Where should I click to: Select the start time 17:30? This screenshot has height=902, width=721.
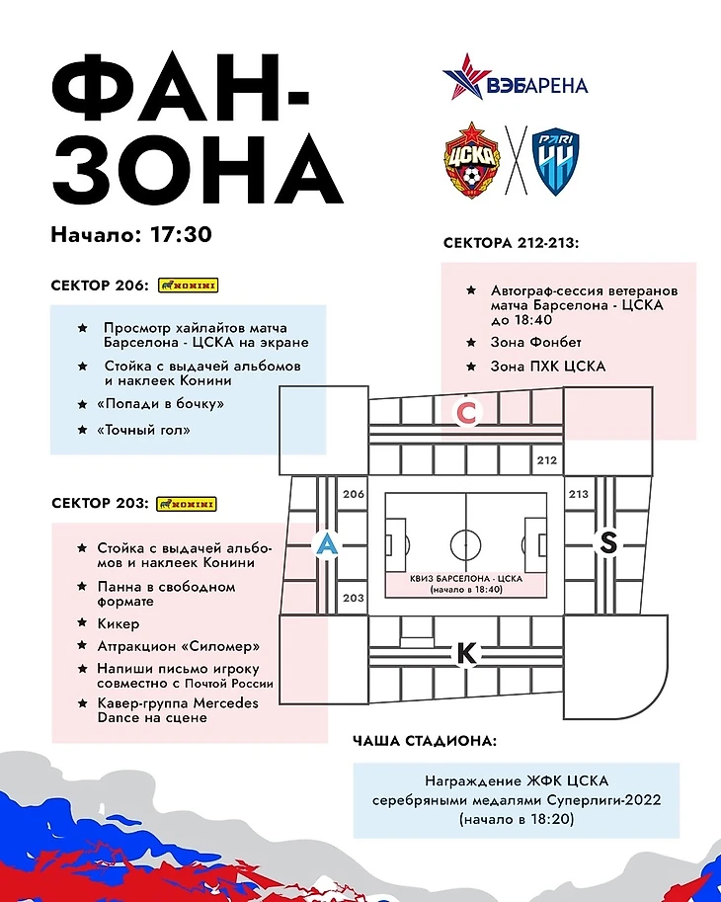tap(182, 235)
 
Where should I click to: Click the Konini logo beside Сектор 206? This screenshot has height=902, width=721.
tap(188, 286)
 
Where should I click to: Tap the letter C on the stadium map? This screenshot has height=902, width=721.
tap(466, 414)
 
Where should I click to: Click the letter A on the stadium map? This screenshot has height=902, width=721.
tap(325, 543)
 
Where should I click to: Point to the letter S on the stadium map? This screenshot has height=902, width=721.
tap(608, 542)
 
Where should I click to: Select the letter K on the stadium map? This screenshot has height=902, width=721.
tap(467, 653)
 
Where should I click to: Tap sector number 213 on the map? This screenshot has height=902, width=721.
tap(578, 494)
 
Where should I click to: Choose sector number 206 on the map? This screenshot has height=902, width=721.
tap(353, 494)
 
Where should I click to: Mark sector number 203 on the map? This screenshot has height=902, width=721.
tap(353, 598)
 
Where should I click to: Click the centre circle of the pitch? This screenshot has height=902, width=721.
tap(465, 543)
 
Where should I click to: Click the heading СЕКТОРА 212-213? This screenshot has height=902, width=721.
tap(511, 243)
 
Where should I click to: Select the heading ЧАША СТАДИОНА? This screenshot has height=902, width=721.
tap(425, 740)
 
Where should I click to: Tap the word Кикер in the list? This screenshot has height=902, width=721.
tap(119, 623)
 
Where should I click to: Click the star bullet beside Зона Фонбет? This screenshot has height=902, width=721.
tap(471, 343)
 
